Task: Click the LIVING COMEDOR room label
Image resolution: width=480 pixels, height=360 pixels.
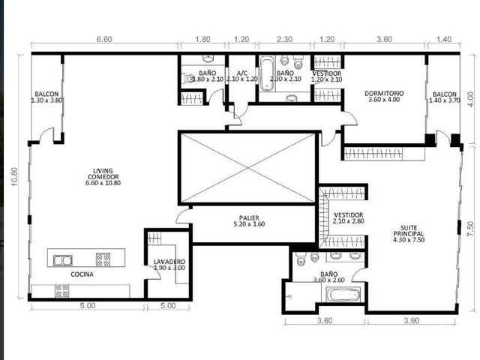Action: click(x=103, y=177)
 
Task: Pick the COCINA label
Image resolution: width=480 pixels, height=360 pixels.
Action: click(x=82, y=274)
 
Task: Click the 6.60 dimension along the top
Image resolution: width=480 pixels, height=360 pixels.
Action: click(x=104, y=39)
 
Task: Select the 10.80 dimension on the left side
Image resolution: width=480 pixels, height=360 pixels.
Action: click(x=14, y=177)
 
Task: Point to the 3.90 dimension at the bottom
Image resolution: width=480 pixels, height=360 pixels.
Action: click(x=412, y=320)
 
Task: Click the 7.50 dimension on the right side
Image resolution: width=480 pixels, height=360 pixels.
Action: click(x=470, y=229)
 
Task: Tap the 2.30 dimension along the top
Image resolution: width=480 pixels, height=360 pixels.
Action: click(x=284, y=39)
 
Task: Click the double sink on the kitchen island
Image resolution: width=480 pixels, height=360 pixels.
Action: click(x=63, y=260)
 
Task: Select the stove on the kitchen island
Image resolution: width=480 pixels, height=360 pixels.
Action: click(x=103, y=260)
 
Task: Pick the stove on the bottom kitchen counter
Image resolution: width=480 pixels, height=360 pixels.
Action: click(x=61, y=291)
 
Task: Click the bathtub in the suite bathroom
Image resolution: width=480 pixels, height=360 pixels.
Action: click(x=343, y=295)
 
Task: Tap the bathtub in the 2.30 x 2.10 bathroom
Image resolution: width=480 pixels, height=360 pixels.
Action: click(x=267, y=74)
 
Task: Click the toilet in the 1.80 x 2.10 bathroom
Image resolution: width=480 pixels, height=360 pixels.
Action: click(x=188, y=78)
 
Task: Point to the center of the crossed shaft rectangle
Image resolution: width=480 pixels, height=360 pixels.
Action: click(x=248, y=168)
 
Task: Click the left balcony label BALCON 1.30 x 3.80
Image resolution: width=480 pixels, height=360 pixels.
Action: click(x=47, y=97)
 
